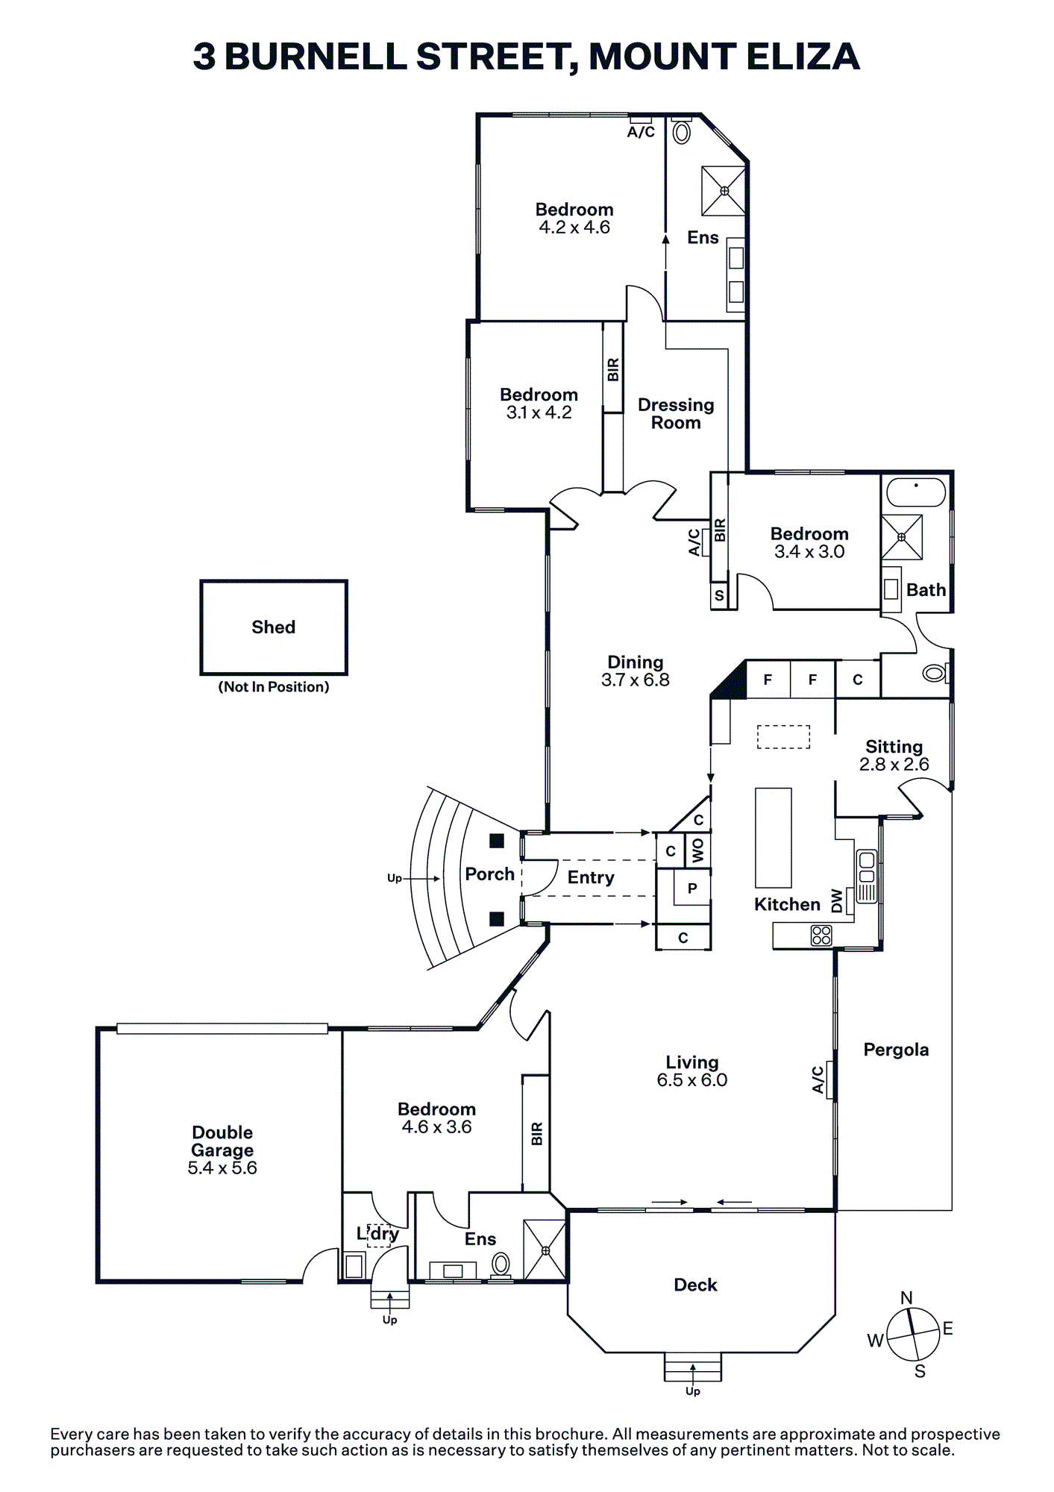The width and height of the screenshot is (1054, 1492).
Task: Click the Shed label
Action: click(x=273, y=627)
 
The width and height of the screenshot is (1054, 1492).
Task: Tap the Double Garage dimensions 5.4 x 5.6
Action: click(x=222, y=1168)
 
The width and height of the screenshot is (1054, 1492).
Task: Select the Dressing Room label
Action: click(x=676, y=414)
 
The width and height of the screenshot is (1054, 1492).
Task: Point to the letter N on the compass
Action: click(x=906, y=1298)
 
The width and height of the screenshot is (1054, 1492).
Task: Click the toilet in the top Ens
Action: click(x=681, y=131)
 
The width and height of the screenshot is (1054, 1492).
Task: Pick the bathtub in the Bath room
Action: click(x=916, y=492)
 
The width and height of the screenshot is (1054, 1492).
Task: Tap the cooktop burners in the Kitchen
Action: click(x=821, y=935)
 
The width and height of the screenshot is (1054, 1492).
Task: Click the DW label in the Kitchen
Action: click(x=837, y=900)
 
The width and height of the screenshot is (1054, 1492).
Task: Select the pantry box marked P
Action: click(x=691, y=888)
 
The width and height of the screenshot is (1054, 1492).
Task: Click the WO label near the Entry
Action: click(x=698, y=850)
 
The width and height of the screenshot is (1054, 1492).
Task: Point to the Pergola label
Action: click(x=896, y=1050)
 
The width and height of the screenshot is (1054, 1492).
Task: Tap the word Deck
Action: click(x=695, y=1285)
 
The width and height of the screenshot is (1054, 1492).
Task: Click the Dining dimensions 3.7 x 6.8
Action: click(x=636, y=680)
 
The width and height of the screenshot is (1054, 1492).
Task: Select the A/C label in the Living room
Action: click(x=818, y=1079)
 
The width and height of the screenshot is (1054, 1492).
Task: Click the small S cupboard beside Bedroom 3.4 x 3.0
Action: click(x=719, y=595)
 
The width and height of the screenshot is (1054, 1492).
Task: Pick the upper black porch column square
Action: click(x=497, y=841)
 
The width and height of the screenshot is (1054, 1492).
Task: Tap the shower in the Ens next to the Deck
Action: click(x=545, y=1250)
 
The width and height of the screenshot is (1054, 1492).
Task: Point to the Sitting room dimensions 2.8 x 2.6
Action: click(x=894, y=765)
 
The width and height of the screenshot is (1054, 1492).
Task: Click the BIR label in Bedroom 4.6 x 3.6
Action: click(x=537, y=1134)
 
